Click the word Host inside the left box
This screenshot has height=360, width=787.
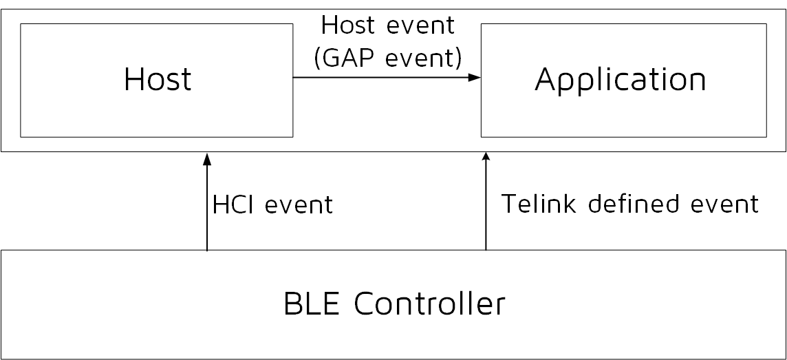[158, 80]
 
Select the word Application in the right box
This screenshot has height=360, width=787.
[621, 80]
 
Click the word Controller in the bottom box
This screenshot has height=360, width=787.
[430, 304]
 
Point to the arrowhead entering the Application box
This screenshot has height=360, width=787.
[475, 78]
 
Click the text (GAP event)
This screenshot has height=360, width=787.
[387, 59]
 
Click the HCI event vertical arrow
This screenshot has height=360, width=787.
[207, 207]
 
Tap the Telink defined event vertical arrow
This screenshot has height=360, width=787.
[486, 207]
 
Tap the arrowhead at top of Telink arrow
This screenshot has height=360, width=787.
[486, 158]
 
